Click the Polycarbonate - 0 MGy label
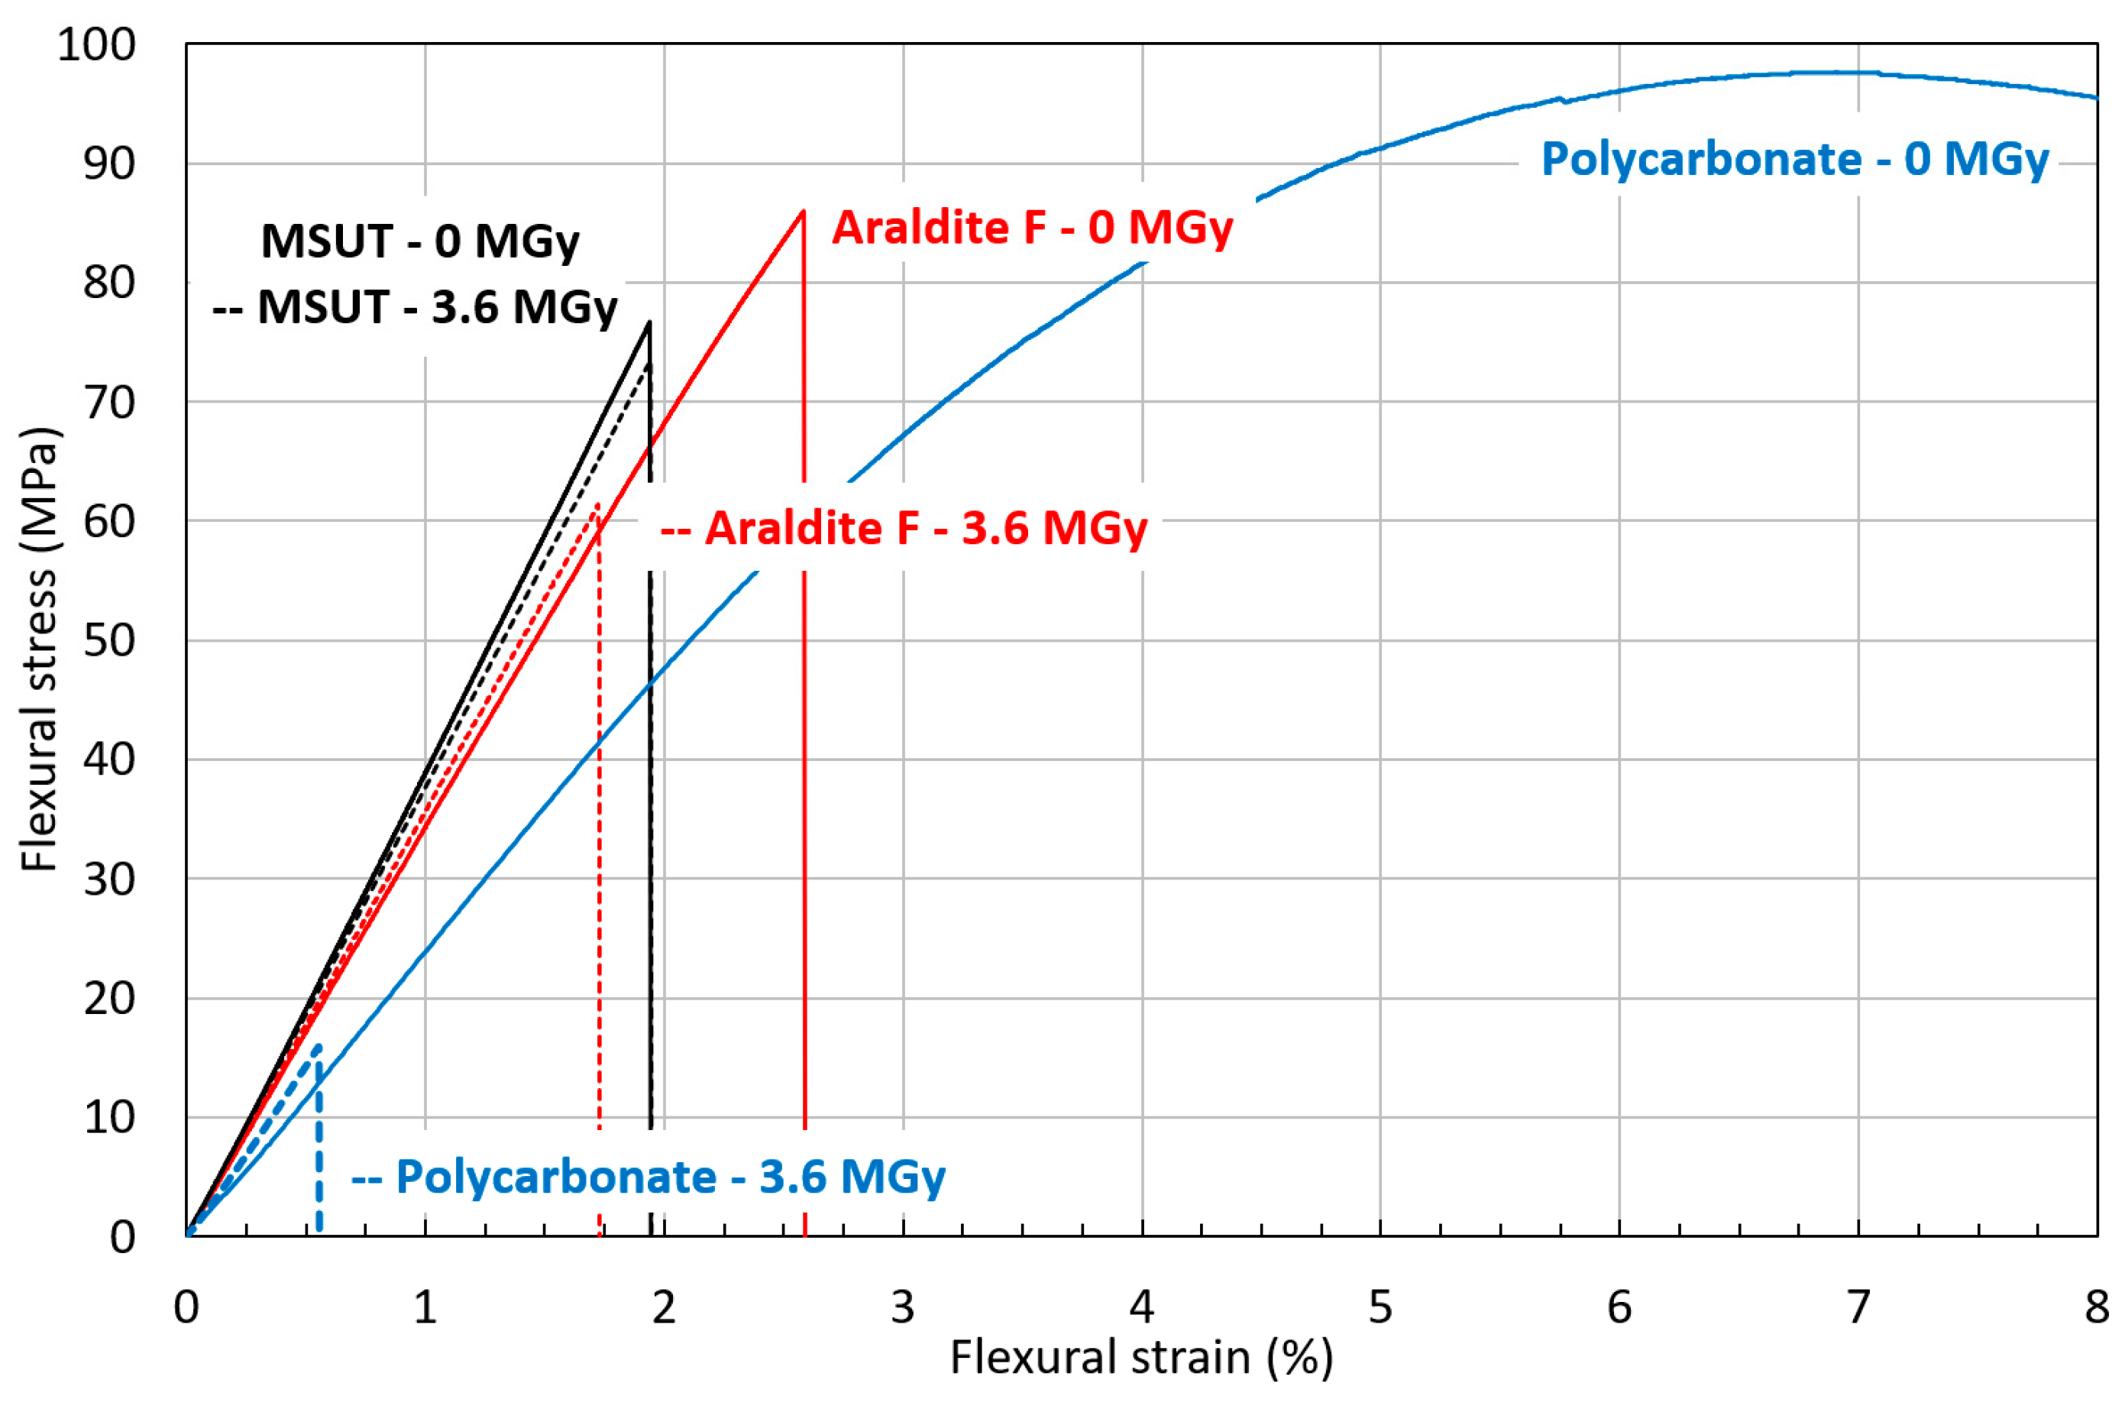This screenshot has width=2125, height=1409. (x=1794, y=159)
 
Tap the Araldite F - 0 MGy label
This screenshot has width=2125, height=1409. (x=1032, y=228)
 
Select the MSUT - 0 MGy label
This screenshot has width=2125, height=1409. (x=419, y=241)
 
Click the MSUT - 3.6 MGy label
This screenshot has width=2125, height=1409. (x=415, y=307)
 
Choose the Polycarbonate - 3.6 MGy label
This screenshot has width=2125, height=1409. (x=648, y=1176)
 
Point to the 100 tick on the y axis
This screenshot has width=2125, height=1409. (x=96, y=44)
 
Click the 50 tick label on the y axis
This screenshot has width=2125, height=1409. (x=108, y=641)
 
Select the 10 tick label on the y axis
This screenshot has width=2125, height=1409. (x=108, y=1117)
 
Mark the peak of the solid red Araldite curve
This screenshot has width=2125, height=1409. (x=803, y=210)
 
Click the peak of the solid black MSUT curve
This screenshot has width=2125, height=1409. (x=648, y=322)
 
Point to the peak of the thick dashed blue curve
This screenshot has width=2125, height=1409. (x=318, y=1046)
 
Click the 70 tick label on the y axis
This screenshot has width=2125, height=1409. (x=108, y=402)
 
